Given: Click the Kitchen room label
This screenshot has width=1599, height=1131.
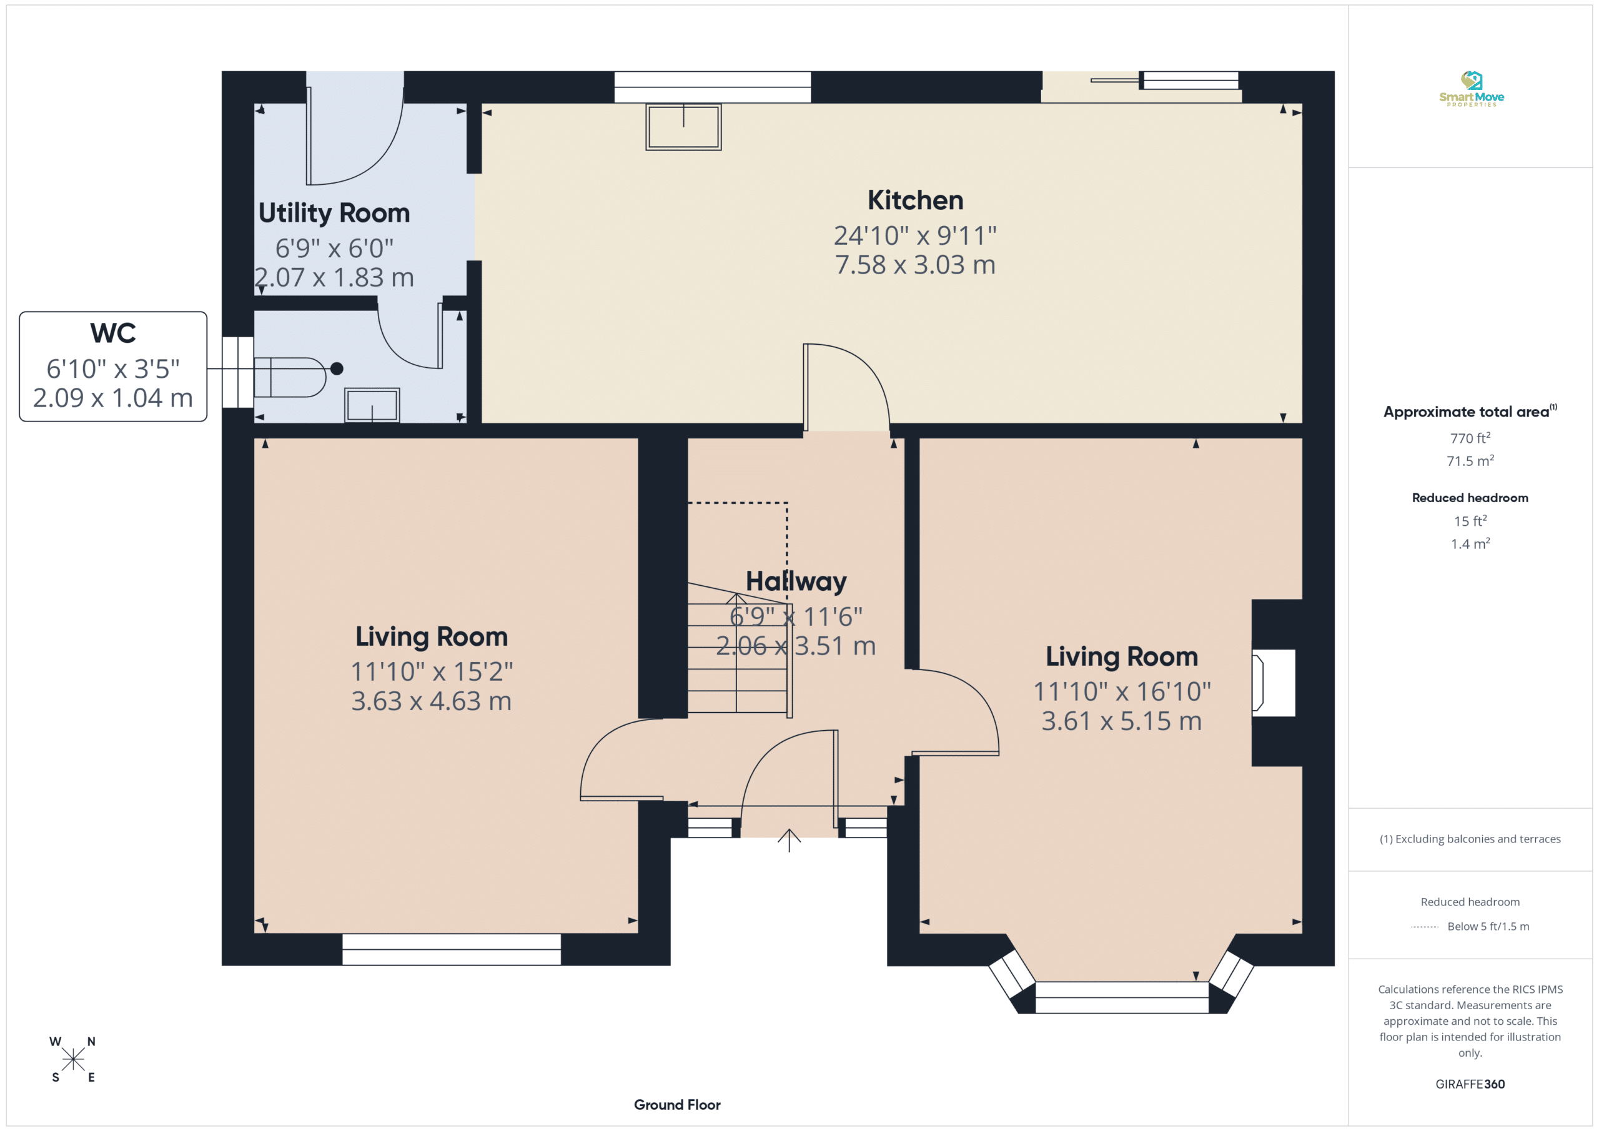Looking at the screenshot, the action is click(x=915, y=200).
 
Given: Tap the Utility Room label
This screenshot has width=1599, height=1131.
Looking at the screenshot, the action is click(x=334, y=213).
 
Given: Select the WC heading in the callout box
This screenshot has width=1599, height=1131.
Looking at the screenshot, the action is click(x=113, y=333).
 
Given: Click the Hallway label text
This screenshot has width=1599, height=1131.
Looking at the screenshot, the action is click(x=796, y=581).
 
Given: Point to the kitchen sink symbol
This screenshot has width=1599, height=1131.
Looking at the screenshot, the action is click(x=683, y=127).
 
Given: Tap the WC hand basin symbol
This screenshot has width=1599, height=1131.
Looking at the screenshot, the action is click(x=372, y=405).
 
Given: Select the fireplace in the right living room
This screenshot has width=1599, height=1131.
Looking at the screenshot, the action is click(x=1273, y=683).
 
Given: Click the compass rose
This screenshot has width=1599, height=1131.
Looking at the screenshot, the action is click(x=72, y=1059).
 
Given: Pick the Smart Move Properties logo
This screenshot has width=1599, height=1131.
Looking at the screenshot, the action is click(x=1471, y=89).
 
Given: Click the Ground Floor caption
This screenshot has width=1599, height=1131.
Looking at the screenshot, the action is click(x=677, y=1105).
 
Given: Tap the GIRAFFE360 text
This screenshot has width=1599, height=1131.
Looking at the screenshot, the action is click(x=1470, y=1084).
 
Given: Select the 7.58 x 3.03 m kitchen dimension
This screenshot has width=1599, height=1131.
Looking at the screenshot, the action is click(x=915, y=265).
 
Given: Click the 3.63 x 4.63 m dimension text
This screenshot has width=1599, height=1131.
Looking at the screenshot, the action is click(x=431, y=701).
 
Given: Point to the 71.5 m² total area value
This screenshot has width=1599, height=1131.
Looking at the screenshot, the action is click(x=1470, y=460).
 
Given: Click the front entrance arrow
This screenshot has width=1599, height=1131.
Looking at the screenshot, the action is click(x=789, y=841).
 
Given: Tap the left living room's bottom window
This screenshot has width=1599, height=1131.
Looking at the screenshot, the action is click(x=452, y=949).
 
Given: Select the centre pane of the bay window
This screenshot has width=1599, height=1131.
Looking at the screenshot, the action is click(x=1121, y=997).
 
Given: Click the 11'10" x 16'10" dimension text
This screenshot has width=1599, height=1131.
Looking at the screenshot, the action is click(x=1121, y=691).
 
